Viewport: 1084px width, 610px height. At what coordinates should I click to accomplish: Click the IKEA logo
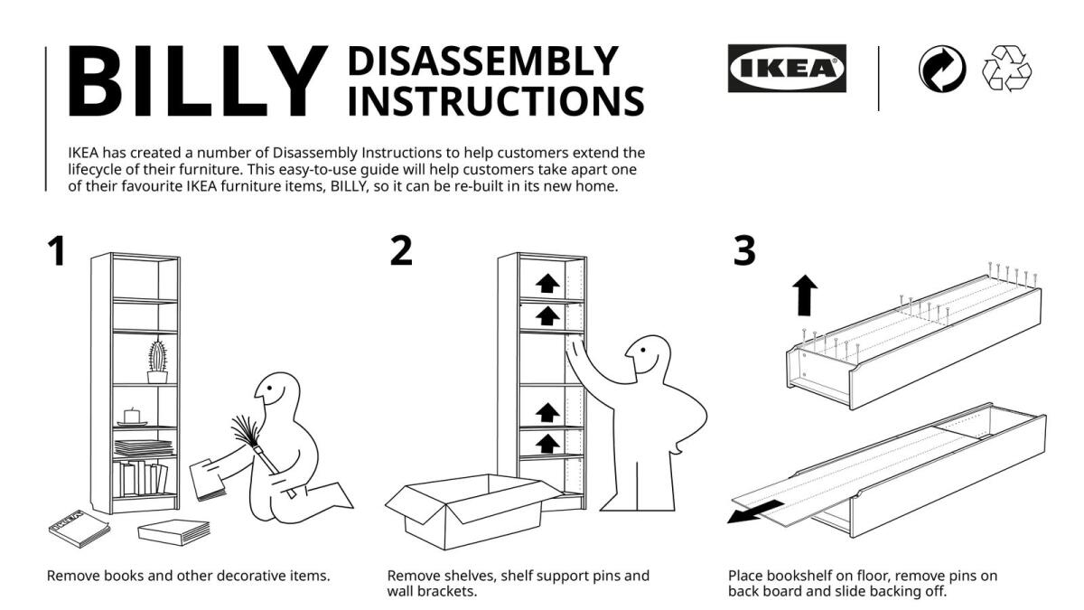click(787, 69)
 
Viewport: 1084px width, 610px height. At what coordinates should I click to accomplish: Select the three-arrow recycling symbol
click(1007, 70)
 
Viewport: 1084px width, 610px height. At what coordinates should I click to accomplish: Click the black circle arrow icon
click(941, 70)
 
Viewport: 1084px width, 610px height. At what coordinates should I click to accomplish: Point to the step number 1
click(57, 251)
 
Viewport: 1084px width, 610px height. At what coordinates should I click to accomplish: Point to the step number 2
click(401, 251)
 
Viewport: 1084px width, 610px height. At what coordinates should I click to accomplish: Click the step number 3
click(743, 251)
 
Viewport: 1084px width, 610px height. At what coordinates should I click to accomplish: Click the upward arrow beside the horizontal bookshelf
click(805, 296)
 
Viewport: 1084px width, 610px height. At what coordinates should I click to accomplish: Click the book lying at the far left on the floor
click(79, 526)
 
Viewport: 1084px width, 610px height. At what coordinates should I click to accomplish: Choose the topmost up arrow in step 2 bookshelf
click(547, 284)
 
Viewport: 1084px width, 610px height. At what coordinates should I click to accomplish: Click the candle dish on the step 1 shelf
click(132, 418)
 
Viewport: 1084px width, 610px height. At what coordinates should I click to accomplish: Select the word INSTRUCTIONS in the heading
click(495, 100)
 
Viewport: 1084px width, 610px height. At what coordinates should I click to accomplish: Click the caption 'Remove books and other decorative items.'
click(188, 576)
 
